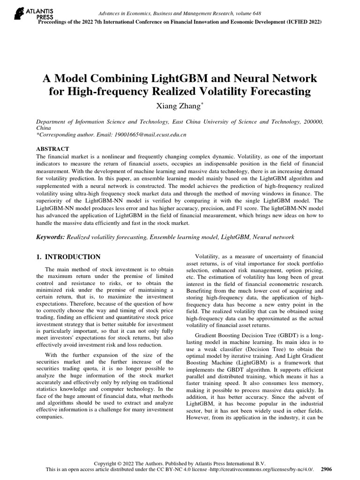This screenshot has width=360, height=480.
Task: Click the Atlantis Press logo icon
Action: click(18, 13)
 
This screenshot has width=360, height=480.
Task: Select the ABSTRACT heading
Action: click(52, 149)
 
